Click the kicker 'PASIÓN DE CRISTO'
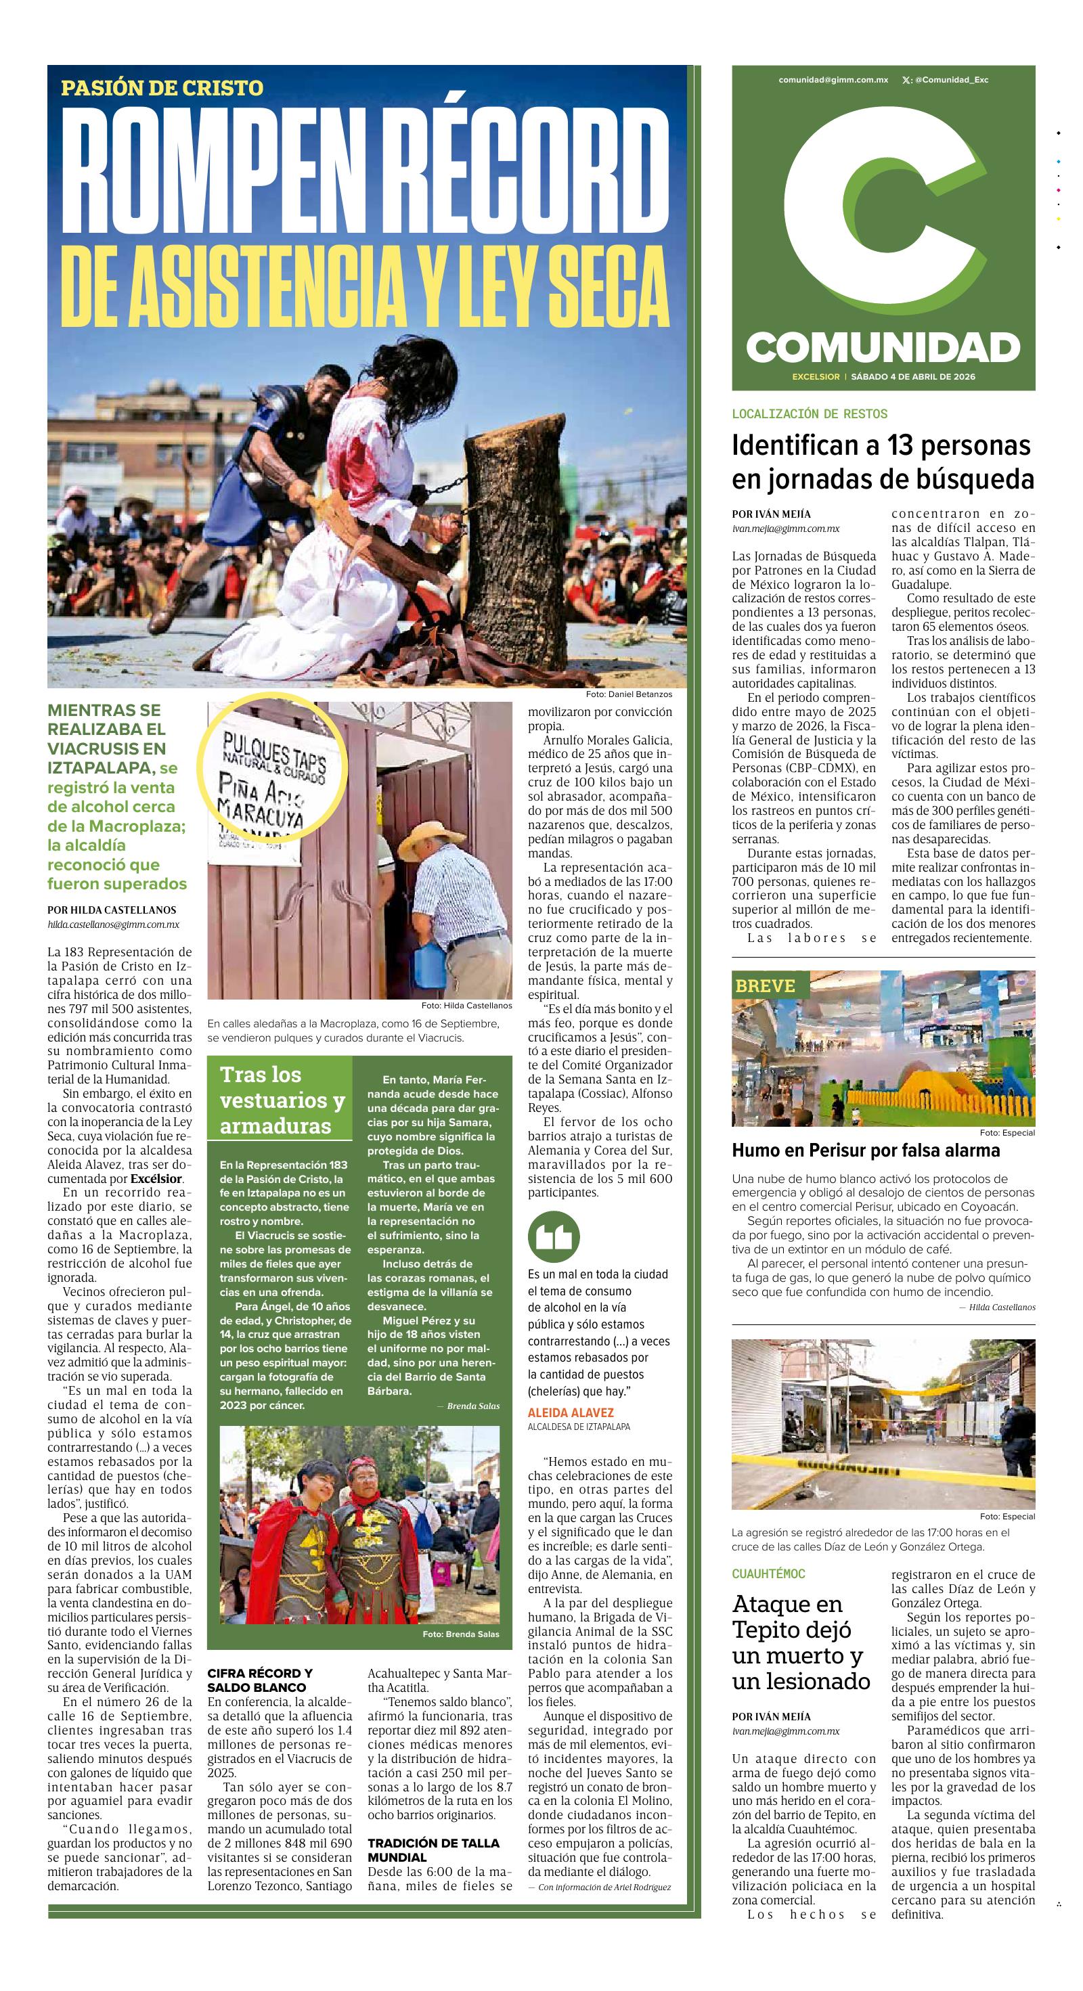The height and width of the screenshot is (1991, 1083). click(x=162, y=88)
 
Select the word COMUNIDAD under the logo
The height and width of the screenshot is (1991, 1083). click(x=883, y=348)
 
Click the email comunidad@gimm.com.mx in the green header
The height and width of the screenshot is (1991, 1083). click(x=833, y=80)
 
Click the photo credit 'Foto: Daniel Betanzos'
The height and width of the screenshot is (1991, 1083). click(x=628, y=694)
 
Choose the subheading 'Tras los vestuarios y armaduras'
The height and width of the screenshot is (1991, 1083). click(x=282, y=1100)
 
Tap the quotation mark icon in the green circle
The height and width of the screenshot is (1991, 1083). click(x=554, y=1236)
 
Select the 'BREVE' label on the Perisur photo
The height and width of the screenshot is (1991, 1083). click(x=764, y=985)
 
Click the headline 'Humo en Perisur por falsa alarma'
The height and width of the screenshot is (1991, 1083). click(x=866, y=1150)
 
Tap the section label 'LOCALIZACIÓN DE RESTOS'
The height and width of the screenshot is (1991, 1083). click(x=810, y=413)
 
